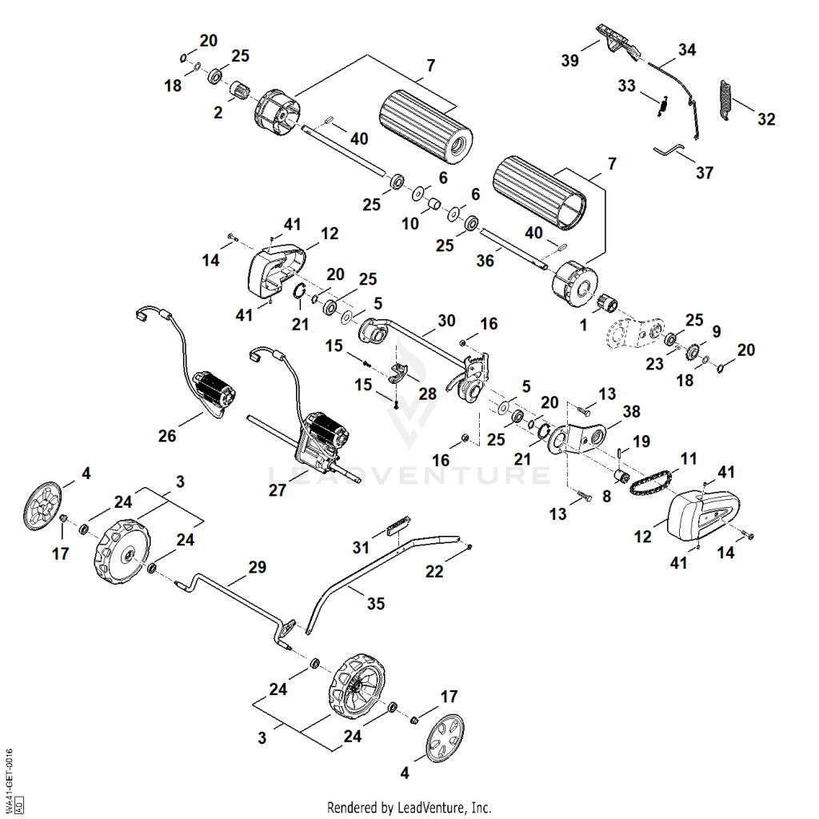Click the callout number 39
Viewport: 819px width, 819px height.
(569, 61)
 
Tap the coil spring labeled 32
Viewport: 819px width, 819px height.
(725, 100)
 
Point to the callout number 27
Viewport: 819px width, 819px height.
(278, 490)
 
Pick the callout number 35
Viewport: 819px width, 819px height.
(376, 604)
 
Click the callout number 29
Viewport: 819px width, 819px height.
(257, 567)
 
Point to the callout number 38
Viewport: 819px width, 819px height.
(631, 412)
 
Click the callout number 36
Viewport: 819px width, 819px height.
(485, 260)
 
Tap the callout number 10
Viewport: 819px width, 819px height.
(410, 224)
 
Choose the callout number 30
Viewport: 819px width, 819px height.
(446, 321)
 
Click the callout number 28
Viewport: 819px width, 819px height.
(427, 394)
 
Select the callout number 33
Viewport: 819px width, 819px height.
(626, 86)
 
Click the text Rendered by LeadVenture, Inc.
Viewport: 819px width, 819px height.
(409, 808)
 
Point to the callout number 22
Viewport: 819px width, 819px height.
(434, 572)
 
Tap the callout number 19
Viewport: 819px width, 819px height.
(641, 441)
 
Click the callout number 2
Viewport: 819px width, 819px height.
(218, 113)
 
